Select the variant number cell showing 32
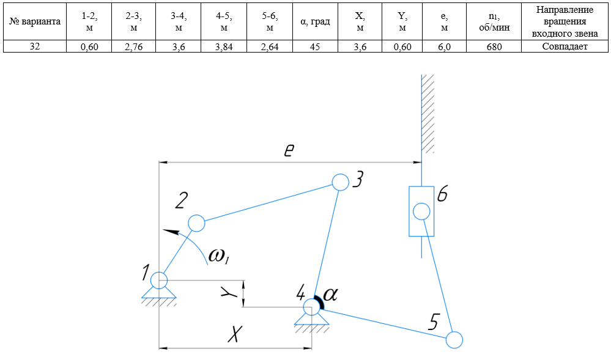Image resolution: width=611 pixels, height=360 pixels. tap(35, 46)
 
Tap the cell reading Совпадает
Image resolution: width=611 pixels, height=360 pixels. tap(565, 46)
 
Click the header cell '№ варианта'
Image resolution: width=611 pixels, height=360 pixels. tap(35, 21)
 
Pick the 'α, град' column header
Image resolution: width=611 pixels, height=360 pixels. tap(315, 21)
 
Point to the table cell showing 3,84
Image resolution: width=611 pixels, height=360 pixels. tap(223, 46)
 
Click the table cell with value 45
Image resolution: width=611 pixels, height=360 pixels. tap(315, 46)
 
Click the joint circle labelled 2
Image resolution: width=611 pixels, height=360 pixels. tap(196, 223)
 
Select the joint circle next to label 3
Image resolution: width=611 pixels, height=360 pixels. tap(340, 182)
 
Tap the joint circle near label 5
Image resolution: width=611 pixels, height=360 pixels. tap(454, 339)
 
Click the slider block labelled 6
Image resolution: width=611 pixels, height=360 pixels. tap(421, 211)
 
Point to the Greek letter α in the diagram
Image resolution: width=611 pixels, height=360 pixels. tap(330, 295)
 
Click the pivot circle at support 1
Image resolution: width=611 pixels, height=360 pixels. tap(159, 280)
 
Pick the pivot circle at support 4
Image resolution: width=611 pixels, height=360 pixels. tap(311, 306)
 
